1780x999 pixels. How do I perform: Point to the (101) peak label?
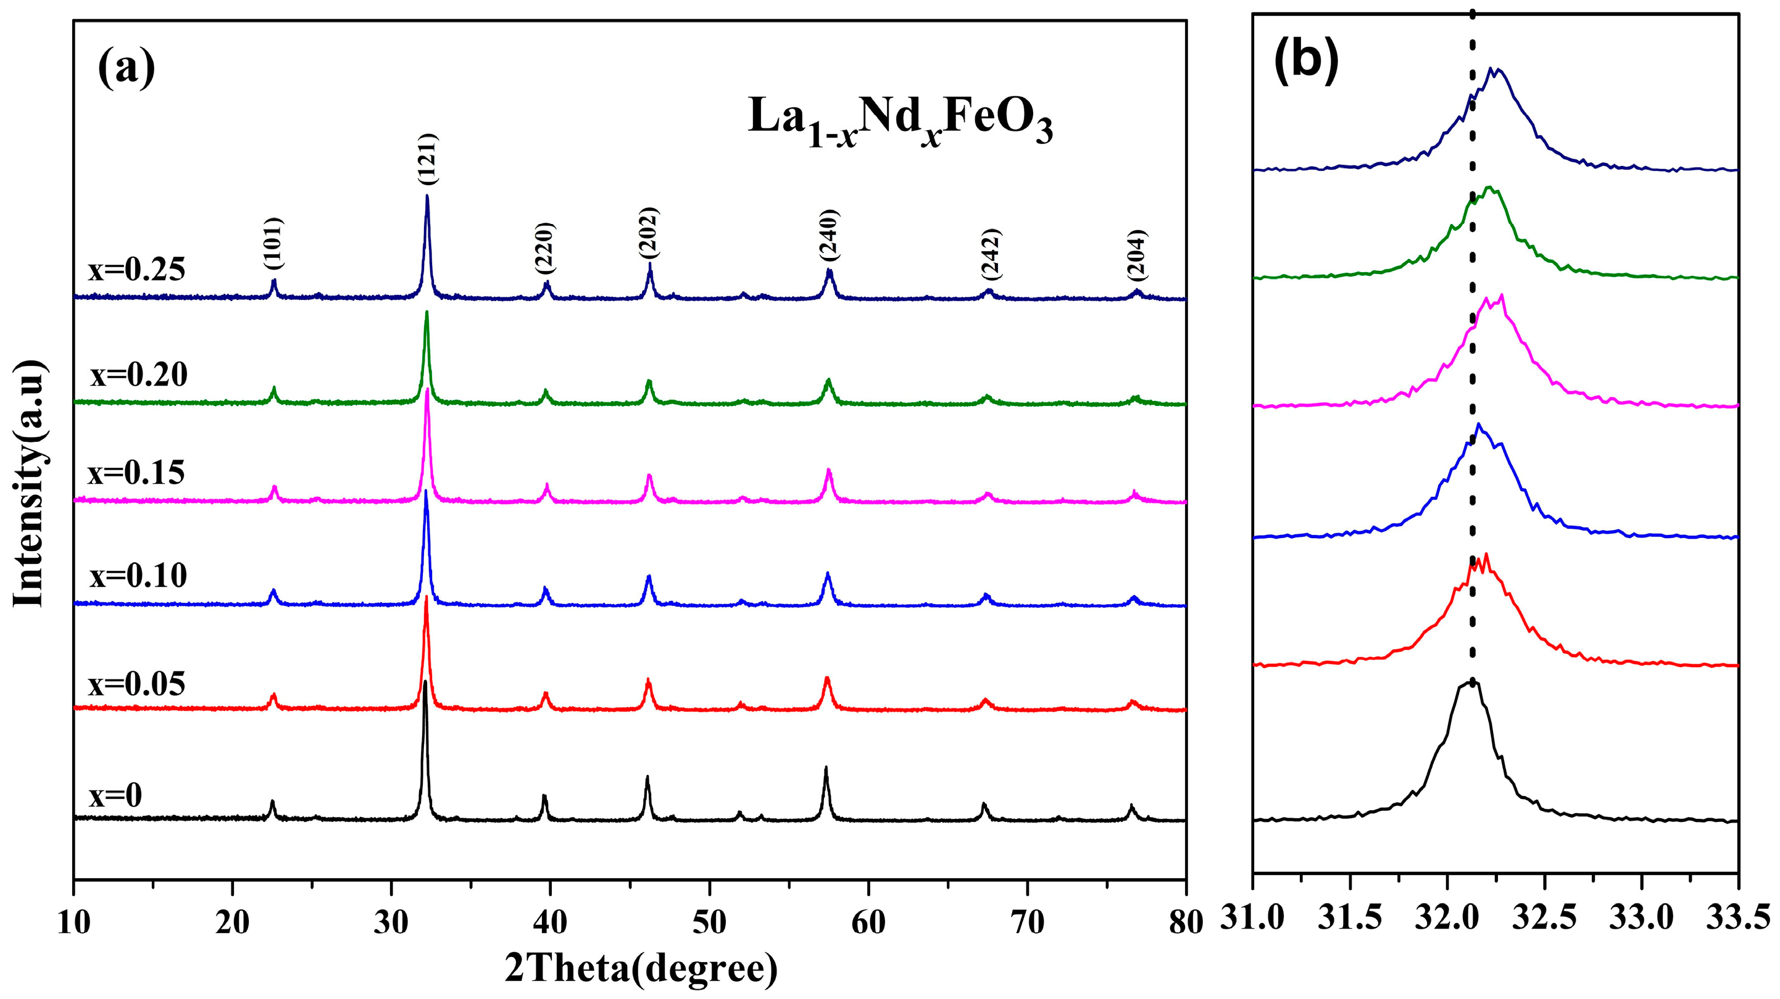(273, 244)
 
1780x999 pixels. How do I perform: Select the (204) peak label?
(1137, 254)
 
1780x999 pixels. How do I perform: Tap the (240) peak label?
(828, 235)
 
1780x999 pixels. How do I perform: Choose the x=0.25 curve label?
(137, 270)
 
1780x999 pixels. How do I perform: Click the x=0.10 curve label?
(138, 576)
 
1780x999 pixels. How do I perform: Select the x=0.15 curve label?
(136, 473)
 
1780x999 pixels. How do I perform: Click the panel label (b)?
(1306, 62)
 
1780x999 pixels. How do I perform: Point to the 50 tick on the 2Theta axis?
(709, 924)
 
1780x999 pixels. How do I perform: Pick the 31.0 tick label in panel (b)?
(1252, 919)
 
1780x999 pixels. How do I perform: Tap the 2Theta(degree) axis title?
(641, 969)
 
